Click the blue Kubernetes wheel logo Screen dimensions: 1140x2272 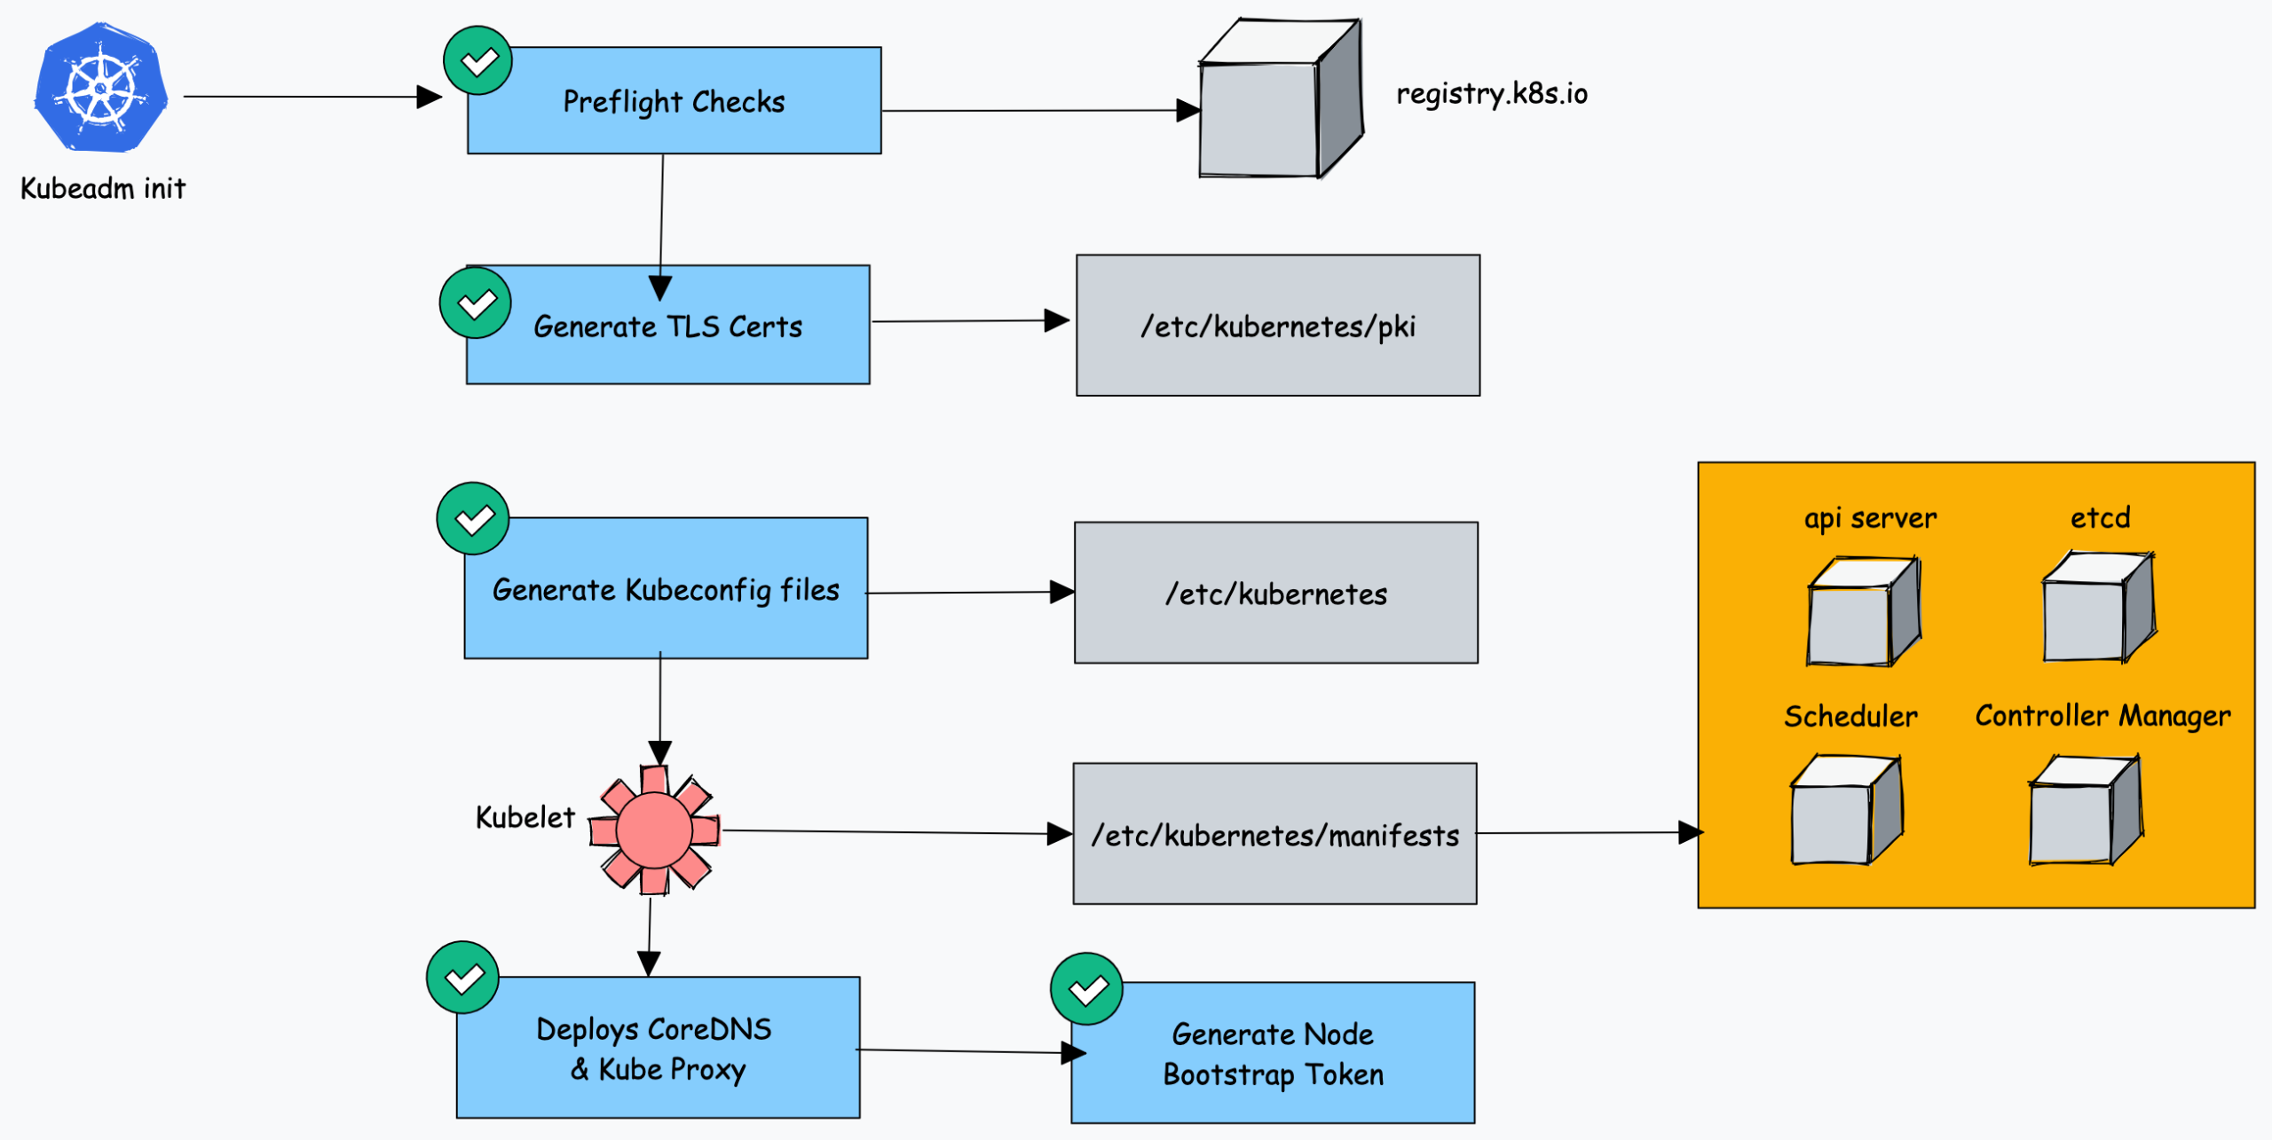[x=100, y=88]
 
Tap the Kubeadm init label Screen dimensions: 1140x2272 [x=103, y=188]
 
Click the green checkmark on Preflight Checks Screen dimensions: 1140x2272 [x=478, y=61]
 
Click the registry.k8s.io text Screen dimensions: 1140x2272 [x=1491, y=93]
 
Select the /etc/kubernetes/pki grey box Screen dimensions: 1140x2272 [x=1278, y=326]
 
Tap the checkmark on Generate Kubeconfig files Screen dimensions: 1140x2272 [x=473, y=519]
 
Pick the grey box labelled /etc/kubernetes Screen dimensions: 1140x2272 [x=1276, y=593]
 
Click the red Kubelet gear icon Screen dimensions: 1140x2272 [x=655, y=830]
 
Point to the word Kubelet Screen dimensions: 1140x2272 [x=525, y=817]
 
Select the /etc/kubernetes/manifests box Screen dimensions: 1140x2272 [x=1274, y=834]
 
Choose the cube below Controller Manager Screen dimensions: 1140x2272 [x=2085, y=810]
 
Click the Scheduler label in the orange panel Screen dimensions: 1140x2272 [x=1850, y=716]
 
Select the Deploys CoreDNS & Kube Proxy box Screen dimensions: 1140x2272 [x=658, y=1048]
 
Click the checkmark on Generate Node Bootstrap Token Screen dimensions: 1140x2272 [x=1086, y=989]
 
